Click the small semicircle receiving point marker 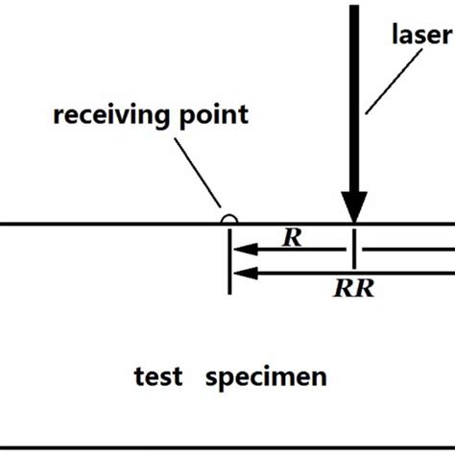click(x=228, y=220)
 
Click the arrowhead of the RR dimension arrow click(x=241, y=273)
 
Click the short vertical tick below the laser click(x=354, y=247)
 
